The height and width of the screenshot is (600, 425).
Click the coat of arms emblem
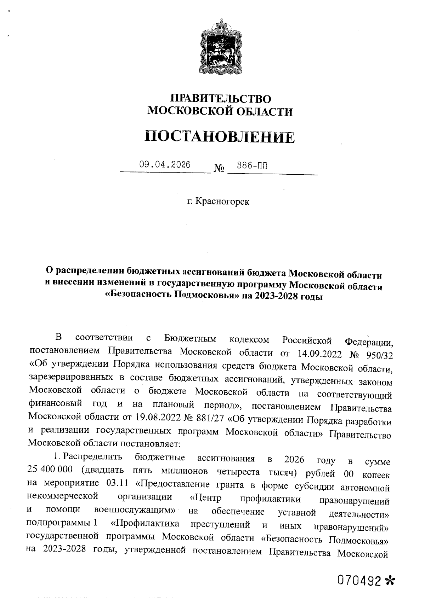point(220,48)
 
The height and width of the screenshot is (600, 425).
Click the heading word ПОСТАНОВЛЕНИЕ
point(220,137)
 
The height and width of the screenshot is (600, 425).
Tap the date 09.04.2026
point(165,164)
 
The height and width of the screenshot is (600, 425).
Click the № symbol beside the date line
point(219,168)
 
